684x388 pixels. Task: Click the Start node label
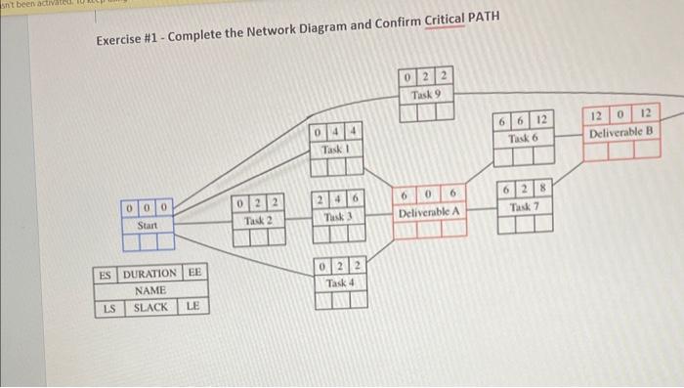148,225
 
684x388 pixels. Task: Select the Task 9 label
427,95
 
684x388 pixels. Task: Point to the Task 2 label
257,220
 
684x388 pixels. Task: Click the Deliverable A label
431,212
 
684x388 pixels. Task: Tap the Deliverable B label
621,132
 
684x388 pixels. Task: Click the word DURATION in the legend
150,274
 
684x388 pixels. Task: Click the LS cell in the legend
110,308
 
